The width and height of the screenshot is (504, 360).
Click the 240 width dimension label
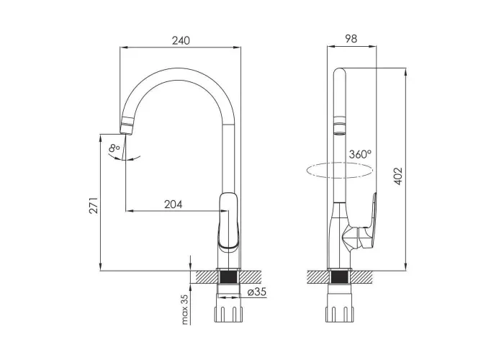coord(181,40)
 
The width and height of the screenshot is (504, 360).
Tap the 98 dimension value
coord(351,39)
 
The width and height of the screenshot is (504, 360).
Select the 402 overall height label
coord(398,176)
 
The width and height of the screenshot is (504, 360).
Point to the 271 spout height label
coord(93,205)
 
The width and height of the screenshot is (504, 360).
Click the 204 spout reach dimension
coord(174,204)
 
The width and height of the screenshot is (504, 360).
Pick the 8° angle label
coord(114,148)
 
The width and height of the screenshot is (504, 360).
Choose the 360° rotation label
coord(360,154)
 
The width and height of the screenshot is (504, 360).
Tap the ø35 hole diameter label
coord(257,292)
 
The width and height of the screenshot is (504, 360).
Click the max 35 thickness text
coord(185,309)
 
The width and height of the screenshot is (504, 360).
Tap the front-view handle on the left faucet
coord(228,221)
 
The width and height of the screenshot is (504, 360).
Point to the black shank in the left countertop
coord(228,277)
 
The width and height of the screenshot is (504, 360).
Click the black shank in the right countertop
coord(339,277)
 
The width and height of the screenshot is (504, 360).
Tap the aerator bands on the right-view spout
coord(340,126)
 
